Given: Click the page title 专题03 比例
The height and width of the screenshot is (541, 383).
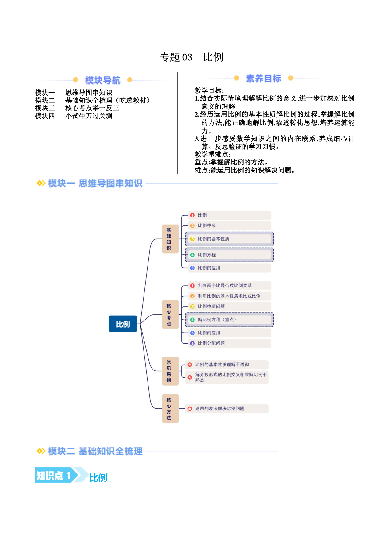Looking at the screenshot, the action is (191, 57).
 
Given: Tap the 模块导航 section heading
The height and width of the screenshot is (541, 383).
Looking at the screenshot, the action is (103, 80).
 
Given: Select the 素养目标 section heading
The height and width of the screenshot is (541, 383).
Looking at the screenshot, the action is (263, 78).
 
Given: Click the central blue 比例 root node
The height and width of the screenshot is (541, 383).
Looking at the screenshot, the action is (123, 324).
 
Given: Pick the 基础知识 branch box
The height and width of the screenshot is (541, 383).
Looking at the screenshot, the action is (170, 239).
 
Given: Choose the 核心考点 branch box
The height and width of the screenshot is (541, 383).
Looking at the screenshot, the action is (170, 315).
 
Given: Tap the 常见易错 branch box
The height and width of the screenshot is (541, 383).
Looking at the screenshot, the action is (170, 371).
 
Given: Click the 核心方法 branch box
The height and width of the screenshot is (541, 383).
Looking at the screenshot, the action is (170, 409).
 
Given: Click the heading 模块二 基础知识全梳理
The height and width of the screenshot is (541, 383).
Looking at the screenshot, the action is (95, 451).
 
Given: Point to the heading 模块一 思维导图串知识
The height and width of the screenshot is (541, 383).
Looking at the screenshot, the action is (95, 183).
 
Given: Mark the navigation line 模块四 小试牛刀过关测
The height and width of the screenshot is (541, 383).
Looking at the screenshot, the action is (73, 116).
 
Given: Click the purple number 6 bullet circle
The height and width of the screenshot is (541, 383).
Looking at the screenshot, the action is (192, 343).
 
